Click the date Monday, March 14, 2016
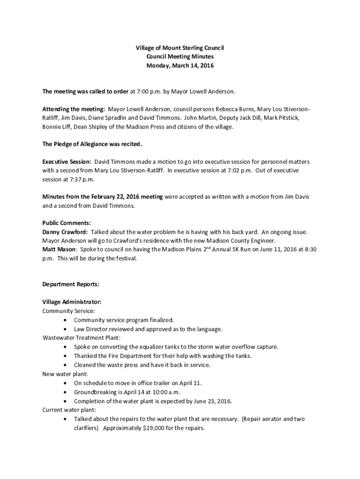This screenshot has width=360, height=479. coord(180,66)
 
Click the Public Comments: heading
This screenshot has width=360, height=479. coord(66,223)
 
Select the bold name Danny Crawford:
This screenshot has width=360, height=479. coord(65,232)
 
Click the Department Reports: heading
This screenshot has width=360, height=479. coord(71,284)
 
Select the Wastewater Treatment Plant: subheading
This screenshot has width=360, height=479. coord(81,337)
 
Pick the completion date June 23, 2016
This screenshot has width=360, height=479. coord(213,401)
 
